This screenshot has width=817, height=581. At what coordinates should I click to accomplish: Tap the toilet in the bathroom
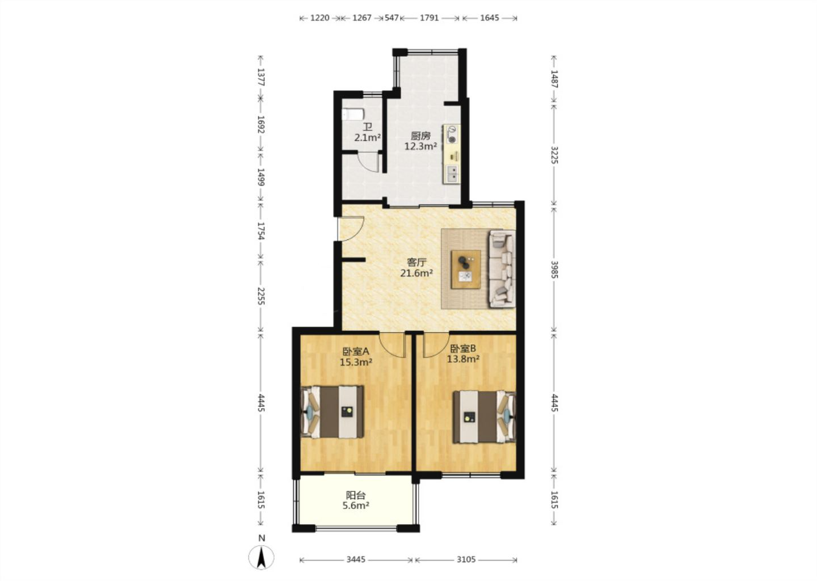tap(353, 115)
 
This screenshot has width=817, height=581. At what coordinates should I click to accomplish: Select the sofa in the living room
tap(502, 268)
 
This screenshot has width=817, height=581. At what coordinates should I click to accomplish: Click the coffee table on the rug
tap(465, 270)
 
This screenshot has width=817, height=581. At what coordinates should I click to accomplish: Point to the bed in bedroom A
tap(332, 412)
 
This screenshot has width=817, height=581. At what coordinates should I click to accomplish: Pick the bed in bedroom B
tap(485, 417)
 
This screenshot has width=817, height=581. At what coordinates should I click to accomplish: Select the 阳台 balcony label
tap(356, 495)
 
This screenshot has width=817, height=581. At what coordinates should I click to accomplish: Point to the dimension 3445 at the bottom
tap(356, 559)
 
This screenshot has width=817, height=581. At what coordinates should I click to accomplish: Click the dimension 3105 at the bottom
tap(466, 559)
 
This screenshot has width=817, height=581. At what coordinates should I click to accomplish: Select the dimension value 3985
tap(554, 269)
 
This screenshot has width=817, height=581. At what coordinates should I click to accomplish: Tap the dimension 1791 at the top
tap(429, 18)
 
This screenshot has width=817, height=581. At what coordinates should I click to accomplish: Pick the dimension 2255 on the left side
tap(261, 296)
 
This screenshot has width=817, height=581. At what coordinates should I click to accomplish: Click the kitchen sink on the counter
tap(452, 174)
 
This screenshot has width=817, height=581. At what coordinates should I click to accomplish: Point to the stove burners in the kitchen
tap(452, 134)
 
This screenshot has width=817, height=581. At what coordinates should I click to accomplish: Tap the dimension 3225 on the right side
tap(554, 155)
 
